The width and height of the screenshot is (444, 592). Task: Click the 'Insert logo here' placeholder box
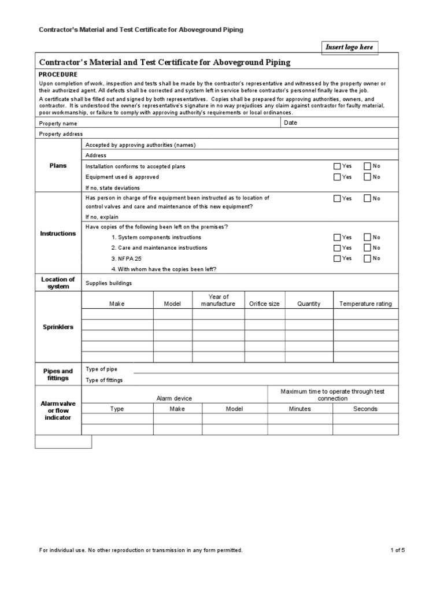(x=349, y=47)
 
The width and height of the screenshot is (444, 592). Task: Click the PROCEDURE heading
(x=58, y=75)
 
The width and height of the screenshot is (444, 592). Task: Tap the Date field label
(x=291, y=123)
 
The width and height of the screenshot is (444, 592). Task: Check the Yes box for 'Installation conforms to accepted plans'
(x=337, y=166)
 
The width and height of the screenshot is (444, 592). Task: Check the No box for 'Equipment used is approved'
(x=367, y=177)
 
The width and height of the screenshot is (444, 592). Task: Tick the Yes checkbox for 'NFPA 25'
(x=337, y=258)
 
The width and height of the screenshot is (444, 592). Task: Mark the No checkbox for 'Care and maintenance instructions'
(x=367, y=248)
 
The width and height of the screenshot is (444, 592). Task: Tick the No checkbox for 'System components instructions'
(x=367, y=237)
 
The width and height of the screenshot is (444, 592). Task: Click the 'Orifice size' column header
(x=264, y=304)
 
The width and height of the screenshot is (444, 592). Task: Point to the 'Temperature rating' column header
(x=365, y=304)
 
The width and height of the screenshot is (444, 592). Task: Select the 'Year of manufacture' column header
(x=219, y=301)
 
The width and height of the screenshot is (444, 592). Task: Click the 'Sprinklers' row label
(x=58, y=327)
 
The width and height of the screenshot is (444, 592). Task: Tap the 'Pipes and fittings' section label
(x=58, y=375)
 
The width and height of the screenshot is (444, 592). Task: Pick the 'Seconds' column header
(x=365, y=409)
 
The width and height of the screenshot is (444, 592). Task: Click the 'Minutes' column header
(x=299, y=409)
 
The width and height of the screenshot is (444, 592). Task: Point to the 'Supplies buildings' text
(x=109, y=283)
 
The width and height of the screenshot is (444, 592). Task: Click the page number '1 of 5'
(x=397, y=550)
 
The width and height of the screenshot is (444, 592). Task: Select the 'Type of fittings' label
(x=104, y=380)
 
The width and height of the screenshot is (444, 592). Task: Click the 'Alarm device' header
(x=174, y=398)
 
